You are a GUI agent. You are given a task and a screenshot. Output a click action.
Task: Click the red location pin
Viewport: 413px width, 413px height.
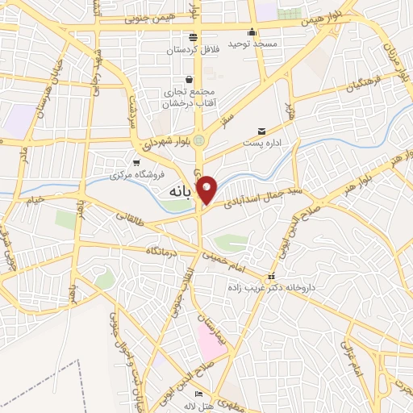point(207,189)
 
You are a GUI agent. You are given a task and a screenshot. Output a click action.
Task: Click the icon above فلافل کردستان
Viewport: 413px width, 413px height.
point(193,38)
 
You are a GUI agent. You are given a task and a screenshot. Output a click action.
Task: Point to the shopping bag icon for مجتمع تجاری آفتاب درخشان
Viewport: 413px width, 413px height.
point(189,79)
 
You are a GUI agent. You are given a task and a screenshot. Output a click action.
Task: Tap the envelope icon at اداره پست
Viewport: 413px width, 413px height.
point(261,131)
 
